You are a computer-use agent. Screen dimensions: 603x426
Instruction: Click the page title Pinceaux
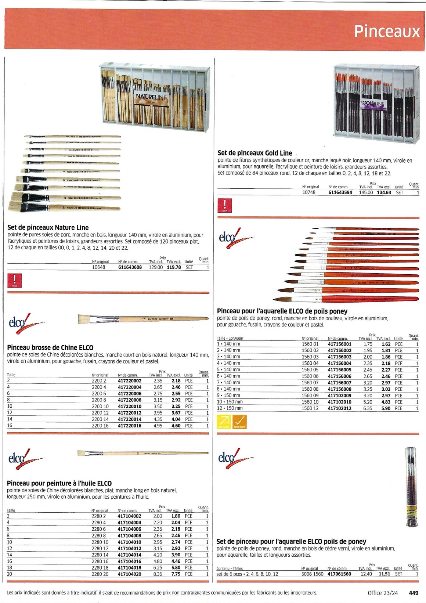(387, 32)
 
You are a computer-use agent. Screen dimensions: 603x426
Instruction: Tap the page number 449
(414, 593)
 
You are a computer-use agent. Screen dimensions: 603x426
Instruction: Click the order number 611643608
(130, 267)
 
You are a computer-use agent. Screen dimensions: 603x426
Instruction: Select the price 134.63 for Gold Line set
(384, 192)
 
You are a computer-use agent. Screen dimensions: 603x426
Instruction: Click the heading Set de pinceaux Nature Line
(48, 227)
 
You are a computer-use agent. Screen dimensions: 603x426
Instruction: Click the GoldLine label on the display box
(373, 104)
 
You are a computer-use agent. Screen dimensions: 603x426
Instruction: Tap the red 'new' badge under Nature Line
(15, 281)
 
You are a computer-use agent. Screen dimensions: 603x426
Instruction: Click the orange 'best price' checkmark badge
(239, 422)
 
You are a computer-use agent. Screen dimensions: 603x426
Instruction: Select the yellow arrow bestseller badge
(224, 422)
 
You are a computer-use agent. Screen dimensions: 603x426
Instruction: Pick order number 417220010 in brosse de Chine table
(130, 406)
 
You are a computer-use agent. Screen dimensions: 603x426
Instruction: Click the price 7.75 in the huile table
(176, 574)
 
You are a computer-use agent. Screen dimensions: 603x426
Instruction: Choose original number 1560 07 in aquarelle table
(310, 383)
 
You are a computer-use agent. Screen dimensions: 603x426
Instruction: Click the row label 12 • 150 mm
(230, 408)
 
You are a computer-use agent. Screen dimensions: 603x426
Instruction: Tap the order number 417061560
(339, 574)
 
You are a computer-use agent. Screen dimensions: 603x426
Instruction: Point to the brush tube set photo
(411, 487)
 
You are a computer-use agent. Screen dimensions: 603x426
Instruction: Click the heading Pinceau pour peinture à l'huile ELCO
(59, 483)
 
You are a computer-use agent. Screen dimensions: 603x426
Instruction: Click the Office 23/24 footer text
(383, 593)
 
